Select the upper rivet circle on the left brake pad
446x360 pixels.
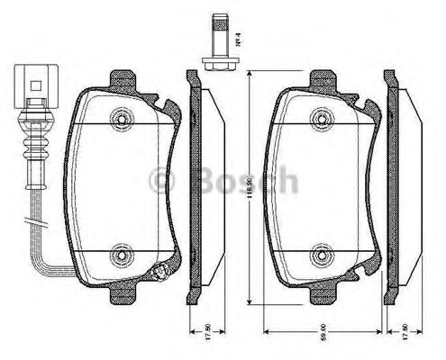pyautogui.click(x=120, y=118)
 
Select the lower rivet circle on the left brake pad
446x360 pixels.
pyautogui.click(x=120, y=259)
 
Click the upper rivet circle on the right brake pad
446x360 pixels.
pyautogui.click(x=316, y=118)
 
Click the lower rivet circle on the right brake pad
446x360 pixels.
pyautogui.click(x=316, y=259)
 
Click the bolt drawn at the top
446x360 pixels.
pyautogui.click(x=218, y=40)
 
